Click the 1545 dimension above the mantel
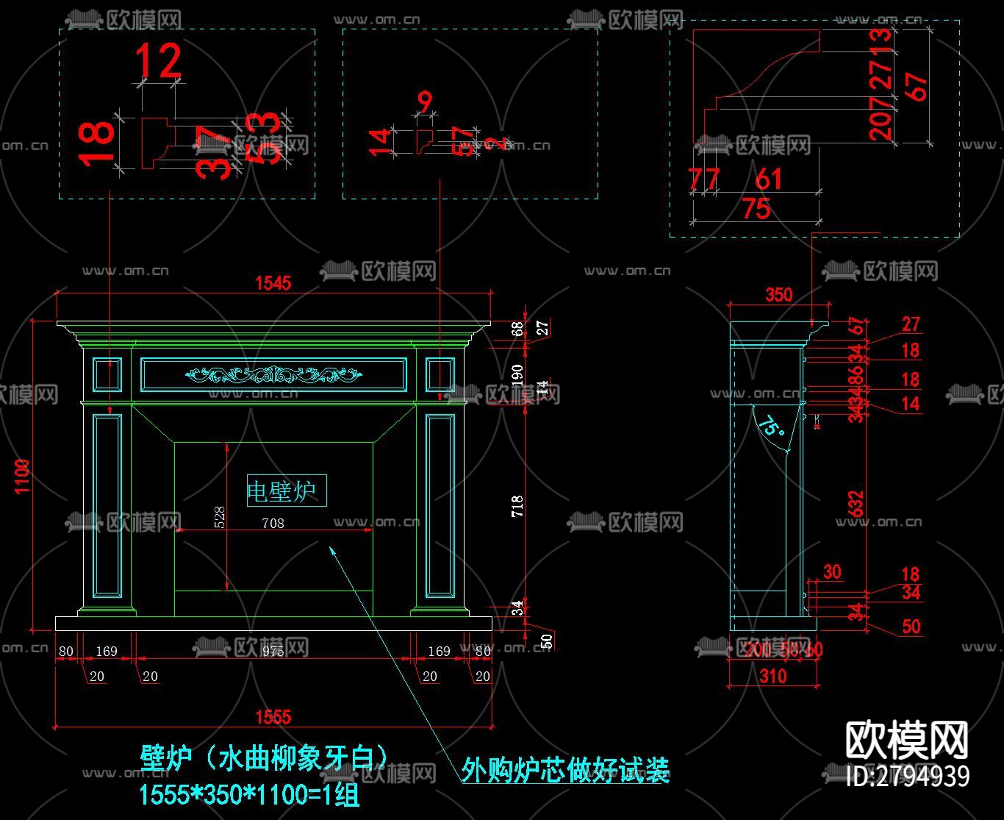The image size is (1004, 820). (x=273, y=282)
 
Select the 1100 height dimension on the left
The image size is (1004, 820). (x=22, y=476)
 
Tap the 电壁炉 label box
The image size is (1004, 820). (x=287, y=491)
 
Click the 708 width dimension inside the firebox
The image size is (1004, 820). (x=273, y=524)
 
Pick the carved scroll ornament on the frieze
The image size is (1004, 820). (x=273, y=375)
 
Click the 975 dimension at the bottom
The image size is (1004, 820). (x=273, y=651)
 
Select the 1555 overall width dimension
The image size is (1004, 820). (x=273, y=716)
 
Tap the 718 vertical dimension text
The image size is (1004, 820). (x=517, y=506)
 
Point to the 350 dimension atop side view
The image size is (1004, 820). (x=779, y=295)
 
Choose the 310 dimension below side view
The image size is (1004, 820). (x=772, y=675)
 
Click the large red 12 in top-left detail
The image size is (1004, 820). (x=159, y=61)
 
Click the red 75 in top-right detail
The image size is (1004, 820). (x=756, y=209)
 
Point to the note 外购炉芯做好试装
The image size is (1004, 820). (x=565, y=770)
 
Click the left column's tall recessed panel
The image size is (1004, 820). (x=107, y=505)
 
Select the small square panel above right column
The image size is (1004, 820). (x=440, y=375)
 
